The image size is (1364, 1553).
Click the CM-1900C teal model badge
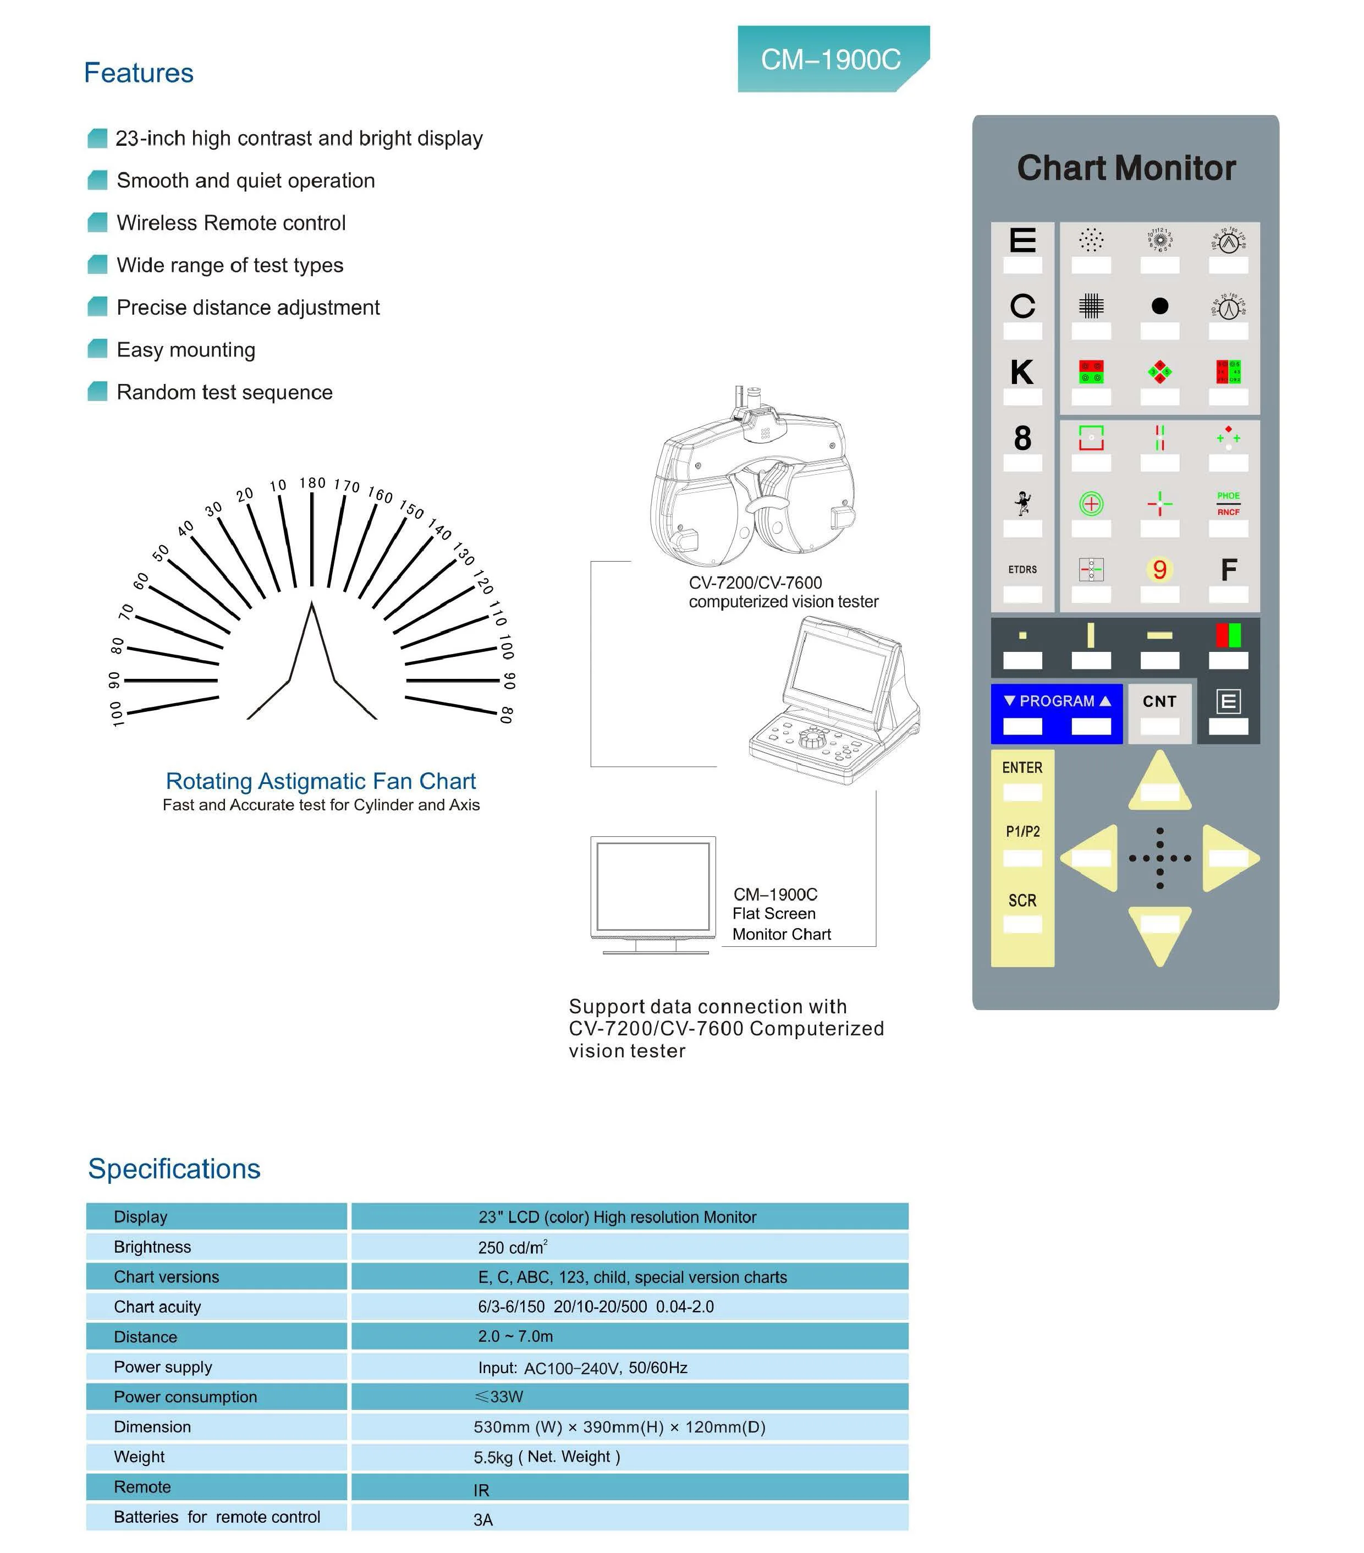pyautogui.click(x=832, y=59)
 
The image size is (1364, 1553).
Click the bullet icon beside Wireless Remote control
pyautogui.click(x=97, y=223)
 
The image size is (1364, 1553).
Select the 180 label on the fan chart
pyautogui.click(x=312, y=483)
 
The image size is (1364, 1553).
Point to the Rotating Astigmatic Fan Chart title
pyautogui.click(x=321, y=781)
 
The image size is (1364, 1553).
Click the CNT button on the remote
pyautogui.click(x=1159, y=702)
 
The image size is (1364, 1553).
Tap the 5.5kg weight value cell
pyautogui.click(x=547, y=1457)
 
